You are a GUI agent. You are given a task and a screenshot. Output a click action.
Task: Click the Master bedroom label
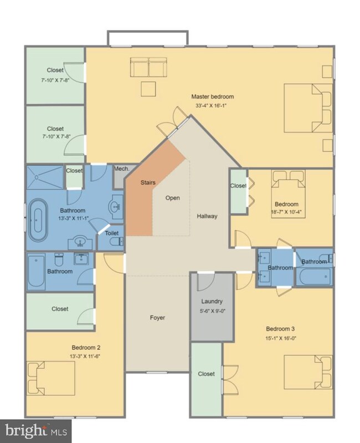tap(213, 96)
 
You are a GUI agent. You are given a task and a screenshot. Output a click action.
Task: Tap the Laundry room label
tap(212, 302)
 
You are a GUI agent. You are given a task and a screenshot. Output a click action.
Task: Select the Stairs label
tap(148, 182)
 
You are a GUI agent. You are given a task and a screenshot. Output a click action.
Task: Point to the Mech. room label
tap(122, 169)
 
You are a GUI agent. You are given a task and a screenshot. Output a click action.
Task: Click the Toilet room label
tap(112, 233)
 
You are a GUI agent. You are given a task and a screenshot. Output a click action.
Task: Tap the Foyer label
tap(157, 318)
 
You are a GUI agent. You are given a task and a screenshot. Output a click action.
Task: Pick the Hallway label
tap(207, 216)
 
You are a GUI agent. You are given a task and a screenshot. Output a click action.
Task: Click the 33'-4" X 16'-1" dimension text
tap(212, 106)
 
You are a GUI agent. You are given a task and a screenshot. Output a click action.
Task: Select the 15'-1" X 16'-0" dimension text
tap(281, 338)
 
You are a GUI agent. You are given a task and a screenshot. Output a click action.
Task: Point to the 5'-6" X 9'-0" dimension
tap(212, 311)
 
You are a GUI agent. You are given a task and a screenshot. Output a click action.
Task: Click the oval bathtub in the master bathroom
tap(38, 220)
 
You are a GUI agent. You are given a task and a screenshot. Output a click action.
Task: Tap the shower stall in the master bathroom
tap(45, 177)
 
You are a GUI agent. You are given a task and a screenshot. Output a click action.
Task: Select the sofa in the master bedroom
tap(148, 67)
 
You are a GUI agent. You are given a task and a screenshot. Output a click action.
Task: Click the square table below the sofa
tap(148, 89)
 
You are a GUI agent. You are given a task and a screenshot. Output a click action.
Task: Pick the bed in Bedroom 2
tap(51, 378)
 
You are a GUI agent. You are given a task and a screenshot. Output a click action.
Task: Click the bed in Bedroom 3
tap(308, 372)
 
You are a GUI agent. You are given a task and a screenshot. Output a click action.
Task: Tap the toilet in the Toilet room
tap(116, 242)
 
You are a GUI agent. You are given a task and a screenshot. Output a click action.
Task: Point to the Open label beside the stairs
tap(173, 198)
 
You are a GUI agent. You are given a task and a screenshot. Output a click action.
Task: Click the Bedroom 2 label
tap(86, 348)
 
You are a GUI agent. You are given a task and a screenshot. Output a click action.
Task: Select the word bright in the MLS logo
tap(25, 431)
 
